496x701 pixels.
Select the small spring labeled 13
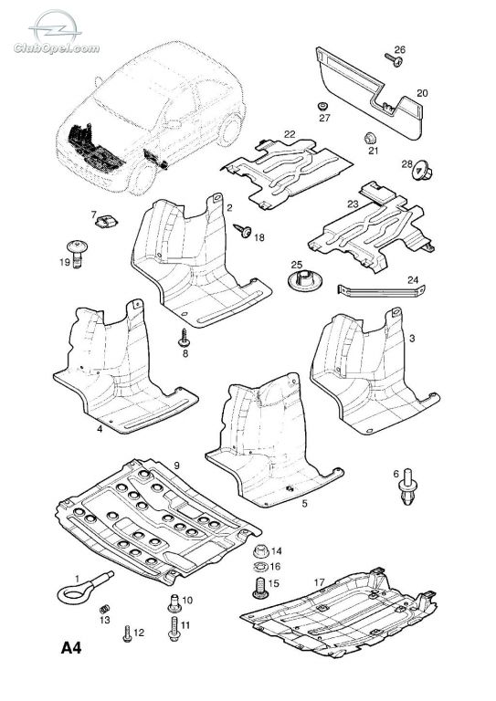point(105,609)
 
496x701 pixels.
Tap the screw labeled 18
point(243,231)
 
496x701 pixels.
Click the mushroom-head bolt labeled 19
point(77,253)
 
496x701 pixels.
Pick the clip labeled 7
point(107,220)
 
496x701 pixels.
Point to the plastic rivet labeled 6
point(408,487)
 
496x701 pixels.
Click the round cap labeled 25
point(305,281)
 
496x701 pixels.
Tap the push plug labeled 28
point(421,171)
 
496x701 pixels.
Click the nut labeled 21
point(369,138)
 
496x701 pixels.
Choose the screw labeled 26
point(393,60)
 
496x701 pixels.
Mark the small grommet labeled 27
point(322,107)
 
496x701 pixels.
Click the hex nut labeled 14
point(261,550)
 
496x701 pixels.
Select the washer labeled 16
point(260,568)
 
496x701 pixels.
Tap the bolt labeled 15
point(260,588)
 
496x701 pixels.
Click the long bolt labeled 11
point(174,628)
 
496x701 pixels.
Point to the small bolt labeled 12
point(127,634)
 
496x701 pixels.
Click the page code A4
point(71,647)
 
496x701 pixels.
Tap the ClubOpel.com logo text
point(57,48)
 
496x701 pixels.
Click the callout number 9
point(176,466)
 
